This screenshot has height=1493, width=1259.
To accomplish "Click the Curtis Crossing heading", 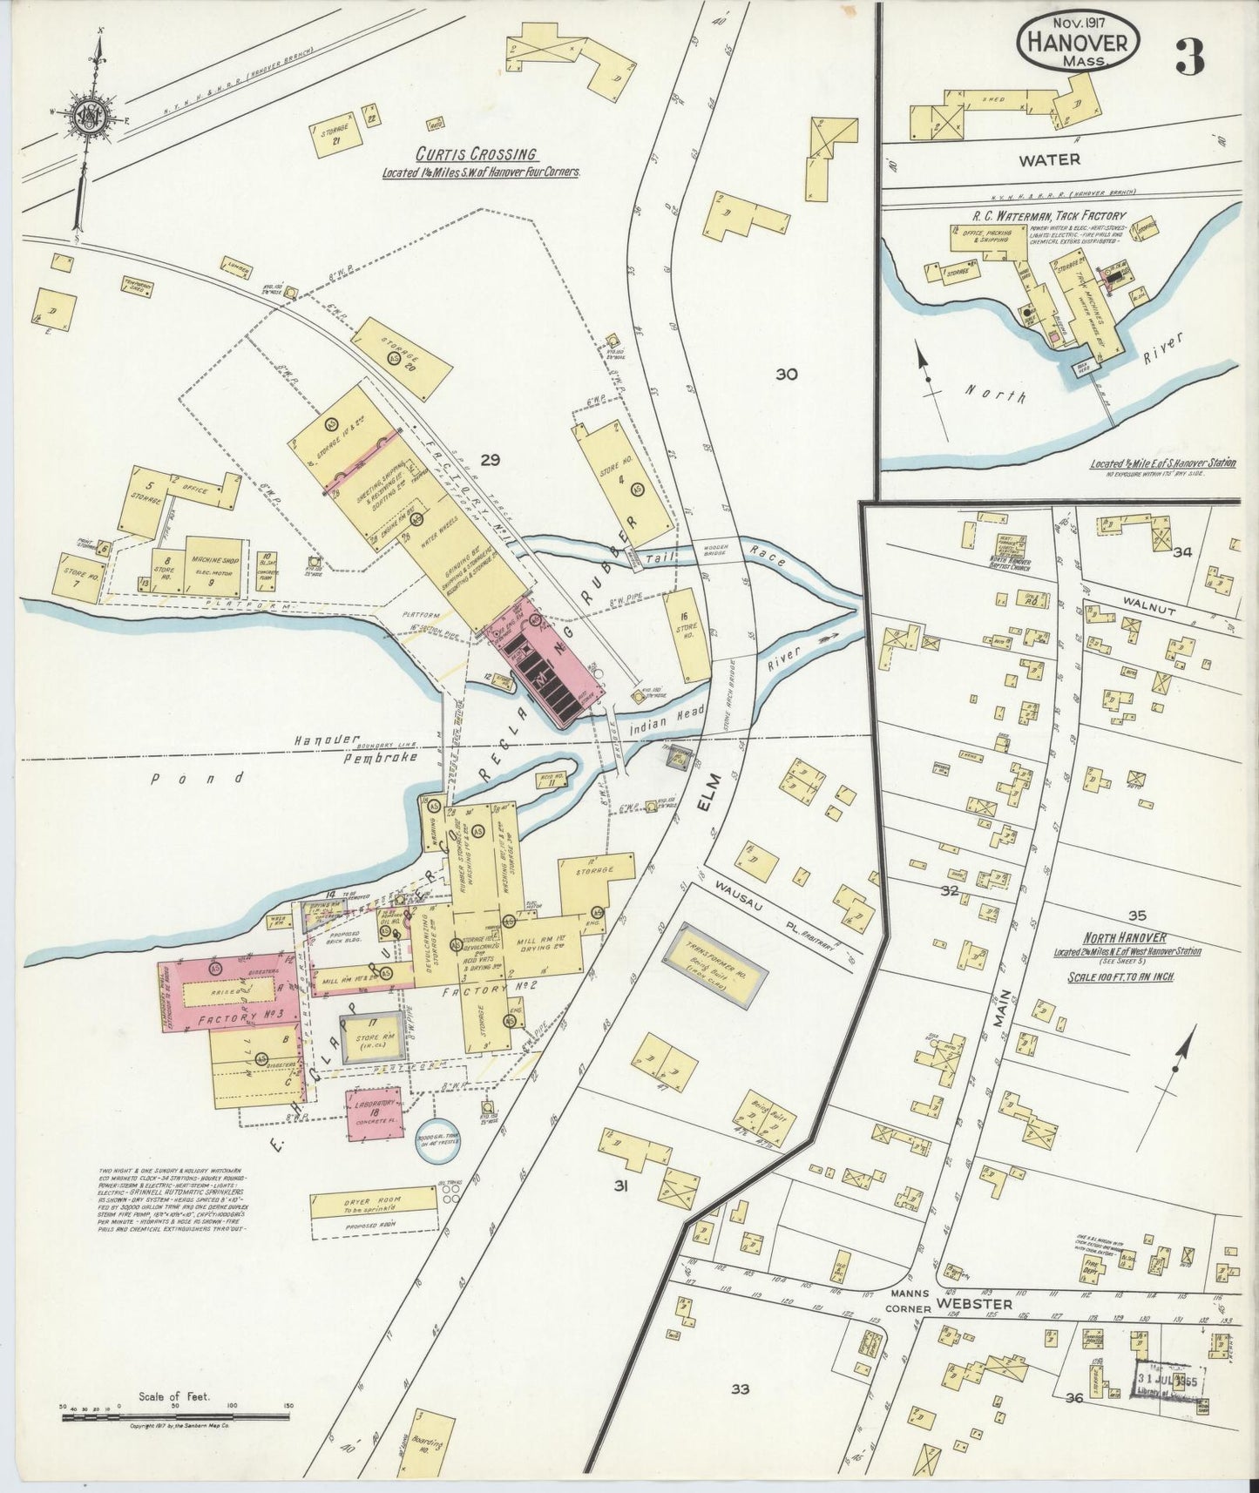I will tap(476, 153).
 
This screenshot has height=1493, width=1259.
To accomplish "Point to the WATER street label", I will tap(1059, 159).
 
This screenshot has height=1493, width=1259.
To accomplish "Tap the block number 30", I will tap(786, 375).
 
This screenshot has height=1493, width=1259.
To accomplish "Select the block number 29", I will tap(491, 460).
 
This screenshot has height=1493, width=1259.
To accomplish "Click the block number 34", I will tap(1181, 551).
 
